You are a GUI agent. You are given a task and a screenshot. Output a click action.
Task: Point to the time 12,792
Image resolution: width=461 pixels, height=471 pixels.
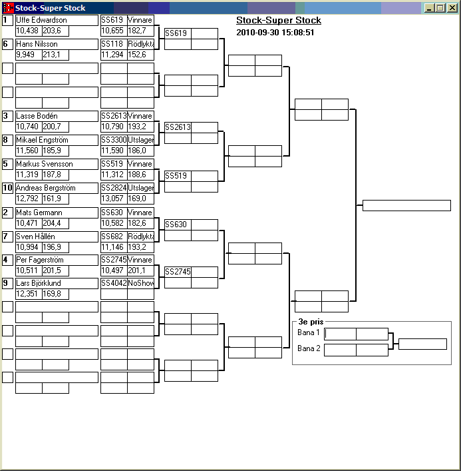[28, 199]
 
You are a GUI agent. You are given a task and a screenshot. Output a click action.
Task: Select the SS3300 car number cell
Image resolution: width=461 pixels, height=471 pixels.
[114, 140]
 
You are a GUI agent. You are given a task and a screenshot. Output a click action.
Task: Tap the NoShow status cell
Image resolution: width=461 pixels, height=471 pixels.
[140, 283]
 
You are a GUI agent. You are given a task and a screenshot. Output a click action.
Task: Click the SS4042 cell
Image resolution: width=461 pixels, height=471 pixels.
[114, 283]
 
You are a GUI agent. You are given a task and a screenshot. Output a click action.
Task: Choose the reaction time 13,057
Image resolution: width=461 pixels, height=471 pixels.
[114, 199]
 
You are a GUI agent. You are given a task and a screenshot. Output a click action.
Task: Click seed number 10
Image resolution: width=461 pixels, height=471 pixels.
[7, 188]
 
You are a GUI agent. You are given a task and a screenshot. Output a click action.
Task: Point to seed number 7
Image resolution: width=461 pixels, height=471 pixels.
[7, 236]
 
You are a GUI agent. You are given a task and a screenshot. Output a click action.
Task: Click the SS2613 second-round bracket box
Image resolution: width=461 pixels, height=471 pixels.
[178, 127]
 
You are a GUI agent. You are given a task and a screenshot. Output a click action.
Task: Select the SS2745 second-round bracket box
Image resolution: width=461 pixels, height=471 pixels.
[178, 272]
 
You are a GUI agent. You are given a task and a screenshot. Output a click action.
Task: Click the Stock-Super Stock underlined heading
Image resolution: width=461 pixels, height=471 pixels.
[279, 21]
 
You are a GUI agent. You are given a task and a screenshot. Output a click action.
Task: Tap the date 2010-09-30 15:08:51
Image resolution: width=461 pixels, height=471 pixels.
[275, 32]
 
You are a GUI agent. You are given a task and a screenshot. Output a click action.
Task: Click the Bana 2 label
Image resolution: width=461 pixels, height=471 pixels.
[309, 348]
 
